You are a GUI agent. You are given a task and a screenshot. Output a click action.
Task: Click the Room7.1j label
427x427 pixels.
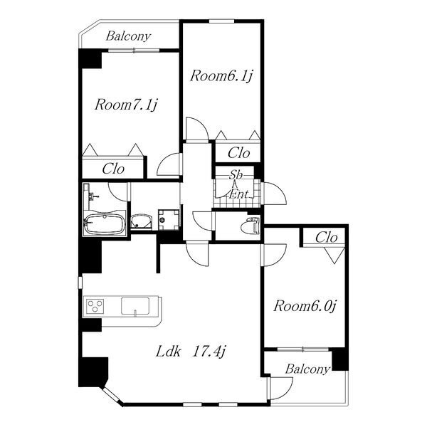127,105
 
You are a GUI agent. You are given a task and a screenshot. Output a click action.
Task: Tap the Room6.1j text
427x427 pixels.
221,75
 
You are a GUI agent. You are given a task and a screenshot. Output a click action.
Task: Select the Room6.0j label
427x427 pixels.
305,306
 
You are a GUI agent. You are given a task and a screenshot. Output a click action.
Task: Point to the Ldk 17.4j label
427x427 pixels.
191,352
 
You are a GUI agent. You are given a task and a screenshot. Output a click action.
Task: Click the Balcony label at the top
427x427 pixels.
128,36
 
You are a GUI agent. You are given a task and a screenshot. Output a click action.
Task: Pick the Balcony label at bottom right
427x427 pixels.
307,369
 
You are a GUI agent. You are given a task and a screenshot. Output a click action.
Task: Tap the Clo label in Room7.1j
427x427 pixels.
113,169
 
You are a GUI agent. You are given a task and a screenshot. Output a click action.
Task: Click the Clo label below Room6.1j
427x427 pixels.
239,153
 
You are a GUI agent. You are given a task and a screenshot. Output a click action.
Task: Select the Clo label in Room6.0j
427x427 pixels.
326,238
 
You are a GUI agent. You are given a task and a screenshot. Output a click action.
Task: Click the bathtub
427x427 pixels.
104,224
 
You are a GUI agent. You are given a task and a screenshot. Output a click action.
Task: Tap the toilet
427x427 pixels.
251,225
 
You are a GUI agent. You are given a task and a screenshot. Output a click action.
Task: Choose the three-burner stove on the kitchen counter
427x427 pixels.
95,305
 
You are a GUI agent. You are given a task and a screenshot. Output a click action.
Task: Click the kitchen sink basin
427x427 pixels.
135,306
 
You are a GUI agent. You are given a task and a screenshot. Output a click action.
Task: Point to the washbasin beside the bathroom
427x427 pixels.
141,221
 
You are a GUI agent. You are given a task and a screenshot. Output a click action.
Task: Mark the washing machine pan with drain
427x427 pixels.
168,219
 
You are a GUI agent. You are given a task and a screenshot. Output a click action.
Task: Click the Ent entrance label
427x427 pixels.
238,194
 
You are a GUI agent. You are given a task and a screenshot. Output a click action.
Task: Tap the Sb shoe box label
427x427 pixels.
236,175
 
